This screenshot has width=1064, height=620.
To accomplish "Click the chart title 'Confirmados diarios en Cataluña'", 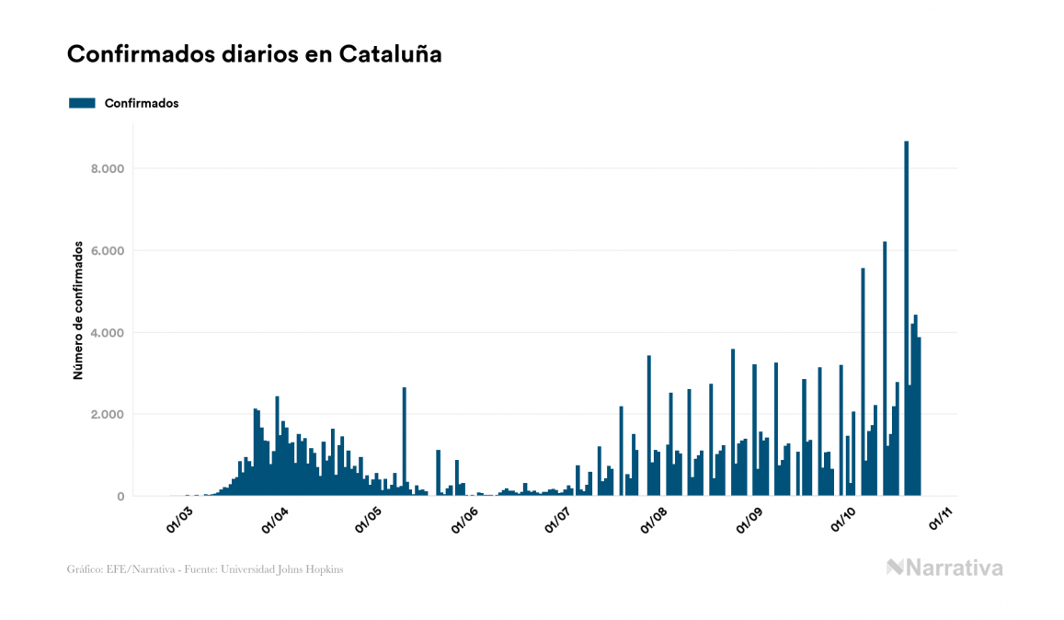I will coord(254,54).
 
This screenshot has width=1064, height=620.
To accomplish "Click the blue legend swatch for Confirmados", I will coord(82,103).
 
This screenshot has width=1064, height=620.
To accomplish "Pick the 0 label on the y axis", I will coord(120,497).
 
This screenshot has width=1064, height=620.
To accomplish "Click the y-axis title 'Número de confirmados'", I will coord(79,311).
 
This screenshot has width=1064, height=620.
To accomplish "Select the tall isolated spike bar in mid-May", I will coord(404,442).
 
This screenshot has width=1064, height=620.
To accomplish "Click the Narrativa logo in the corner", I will coord(944,568).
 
